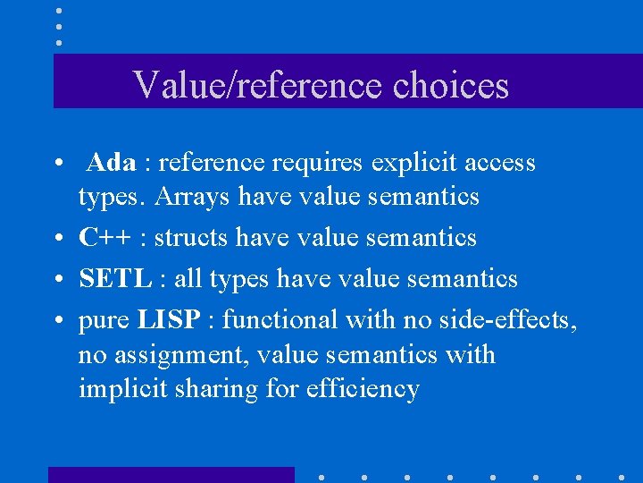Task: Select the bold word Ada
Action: [113, 163]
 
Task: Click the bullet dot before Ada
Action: [56, 165]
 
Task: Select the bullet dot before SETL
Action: [56, 280]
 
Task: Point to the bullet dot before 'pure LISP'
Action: [56, 321]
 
